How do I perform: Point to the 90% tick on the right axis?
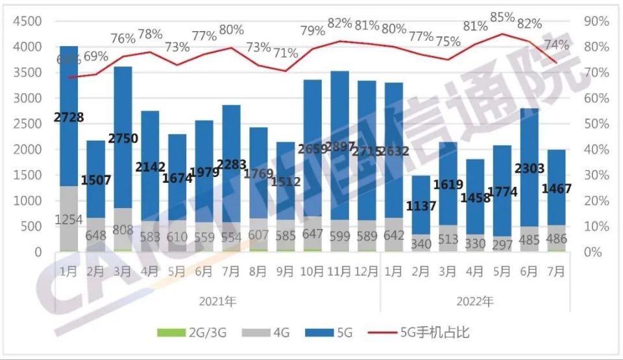tap(596, 21)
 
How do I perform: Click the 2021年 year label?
tap(218, 301)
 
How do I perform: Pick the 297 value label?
tap(502, 239)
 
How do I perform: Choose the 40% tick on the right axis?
tap(596, 149)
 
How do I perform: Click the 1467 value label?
tap(557, 189)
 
